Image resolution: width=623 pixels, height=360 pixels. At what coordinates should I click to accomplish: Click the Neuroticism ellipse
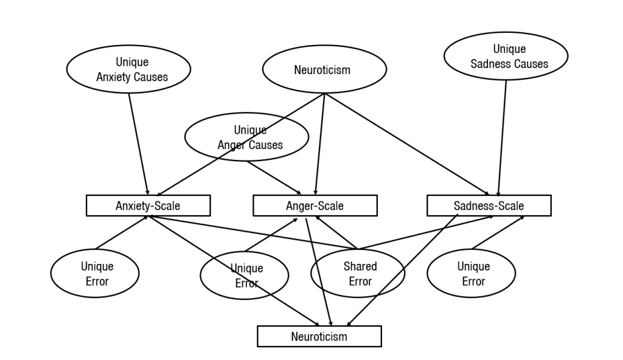(x=324, y=69)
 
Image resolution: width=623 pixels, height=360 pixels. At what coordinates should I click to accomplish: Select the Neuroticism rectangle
(x=319, y=336)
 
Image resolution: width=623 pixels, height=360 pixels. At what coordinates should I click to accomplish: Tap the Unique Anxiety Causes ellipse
(x=128, y=69)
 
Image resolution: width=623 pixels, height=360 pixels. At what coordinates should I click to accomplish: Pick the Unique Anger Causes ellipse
(x=246, y=138)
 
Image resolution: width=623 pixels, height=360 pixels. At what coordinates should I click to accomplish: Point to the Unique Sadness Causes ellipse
(x=506, y=57)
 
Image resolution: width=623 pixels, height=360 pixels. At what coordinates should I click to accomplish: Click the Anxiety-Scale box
(x=148, y=206)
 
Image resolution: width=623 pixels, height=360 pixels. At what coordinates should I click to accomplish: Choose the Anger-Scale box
(x=315, y=206)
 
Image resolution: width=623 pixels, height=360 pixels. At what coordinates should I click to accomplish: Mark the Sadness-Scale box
(x=489, y=206)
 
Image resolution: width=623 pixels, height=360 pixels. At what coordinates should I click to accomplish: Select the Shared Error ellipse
(x=358, y=274)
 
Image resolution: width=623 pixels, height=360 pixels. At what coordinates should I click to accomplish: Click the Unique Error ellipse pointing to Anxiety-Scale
(x=94, y=274)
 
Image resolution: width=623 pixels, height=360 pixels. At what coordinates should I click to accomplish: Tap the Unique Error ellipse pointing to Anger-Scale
(x=244, y=275)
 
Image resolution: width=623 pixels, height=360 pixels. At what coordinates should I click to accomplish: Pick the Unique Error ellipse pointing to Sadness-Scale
(x=471, y=274)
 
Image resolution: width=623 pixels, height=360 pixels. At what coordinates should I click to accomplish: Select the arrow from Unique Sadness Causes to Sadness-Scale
(x=503, y=137)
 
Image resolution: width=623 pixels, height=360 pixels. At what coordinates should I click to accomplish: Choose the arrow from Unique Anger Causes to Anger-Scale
(x=274, y=177)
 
